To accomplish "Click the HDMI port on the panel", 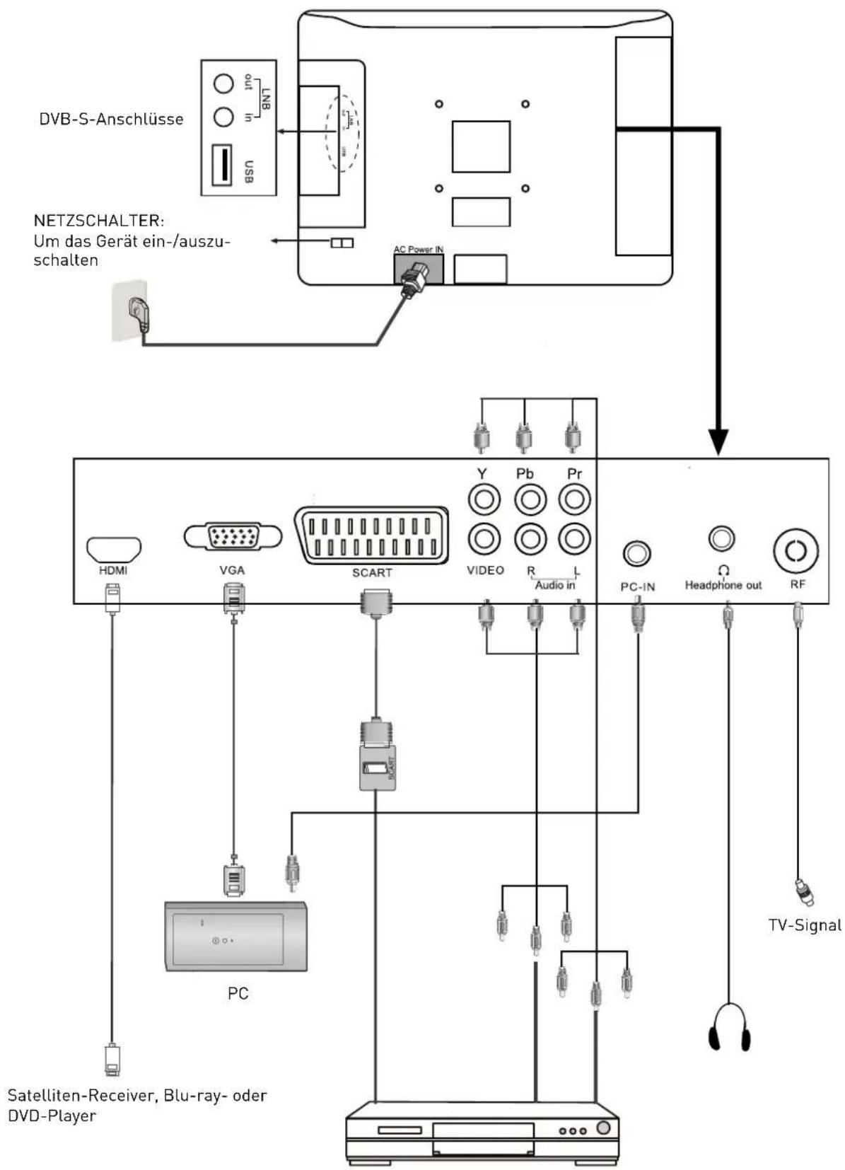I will click(114, 549).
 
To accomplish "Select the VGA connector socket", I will click(233, 538).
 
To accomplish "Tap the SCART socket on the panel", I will click(372, 535).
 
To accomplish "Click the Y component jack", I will click(484, 500).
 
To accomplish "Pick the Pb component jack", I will click(530, 500).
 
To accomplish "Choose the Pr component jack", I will click(574, 500).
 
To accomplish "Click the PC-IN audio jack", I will click(637, 553).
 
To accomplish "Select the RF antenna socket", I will click(796, 551).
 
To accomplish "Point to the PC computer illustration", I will click(235, 936).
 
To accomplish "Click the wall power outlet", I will click(130, 311).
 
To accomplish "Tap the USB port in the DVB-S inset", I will click(222, 165).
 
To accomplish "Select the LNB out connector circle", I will click(223, 84).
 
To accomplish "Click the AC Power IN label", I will click(419, 250).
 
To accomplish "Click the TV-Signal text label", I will click(805, 925).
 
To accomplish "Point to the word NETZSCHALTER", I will click(99, 221).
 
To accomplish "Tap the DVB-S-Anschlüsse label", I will click(111, 119).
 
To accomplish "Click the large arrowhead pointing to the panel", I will click(718, 441).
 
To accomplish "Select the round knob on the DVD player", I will click(603, 1128).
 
